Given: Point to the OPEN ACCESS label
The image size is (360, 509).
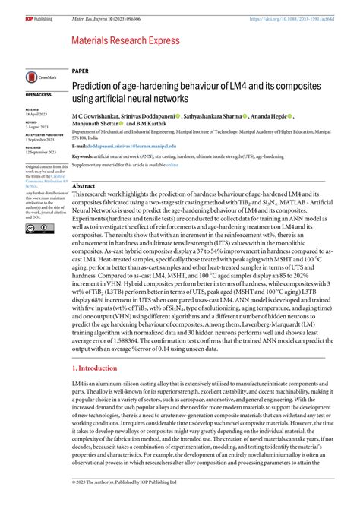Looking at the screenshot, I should (x=39, y=95).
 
